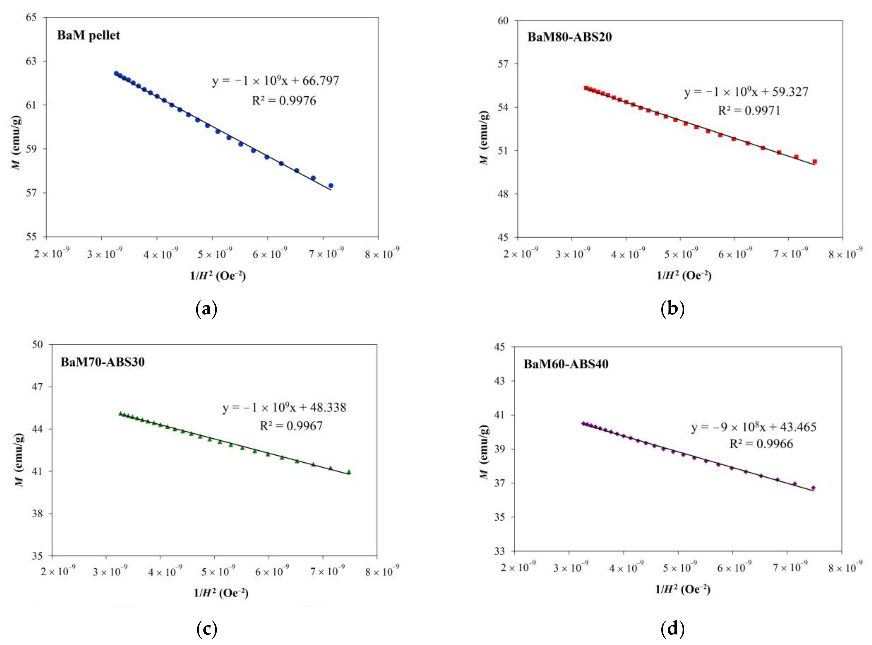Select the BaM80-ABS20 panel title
pos(569,37)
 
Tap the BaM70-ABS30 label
pos(102,362)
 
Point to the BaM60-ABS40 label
pos(566,364)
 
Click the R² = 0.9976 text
pos(284,101)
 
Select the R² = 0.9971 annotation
pos(749,110)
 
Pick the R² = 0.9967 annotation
pos(291,426)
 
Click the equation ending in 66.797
pos(276,81)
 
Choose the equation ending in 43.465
pos(754,427)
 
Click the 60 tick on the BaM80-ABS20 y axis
pos(503,21)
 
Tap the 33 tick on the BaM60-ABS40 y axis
pos(500,551)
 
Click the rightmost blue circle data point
pos(331,185)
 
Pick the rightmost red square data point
pos(815,161)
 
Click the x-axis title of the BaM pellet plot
pos(218,276)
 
